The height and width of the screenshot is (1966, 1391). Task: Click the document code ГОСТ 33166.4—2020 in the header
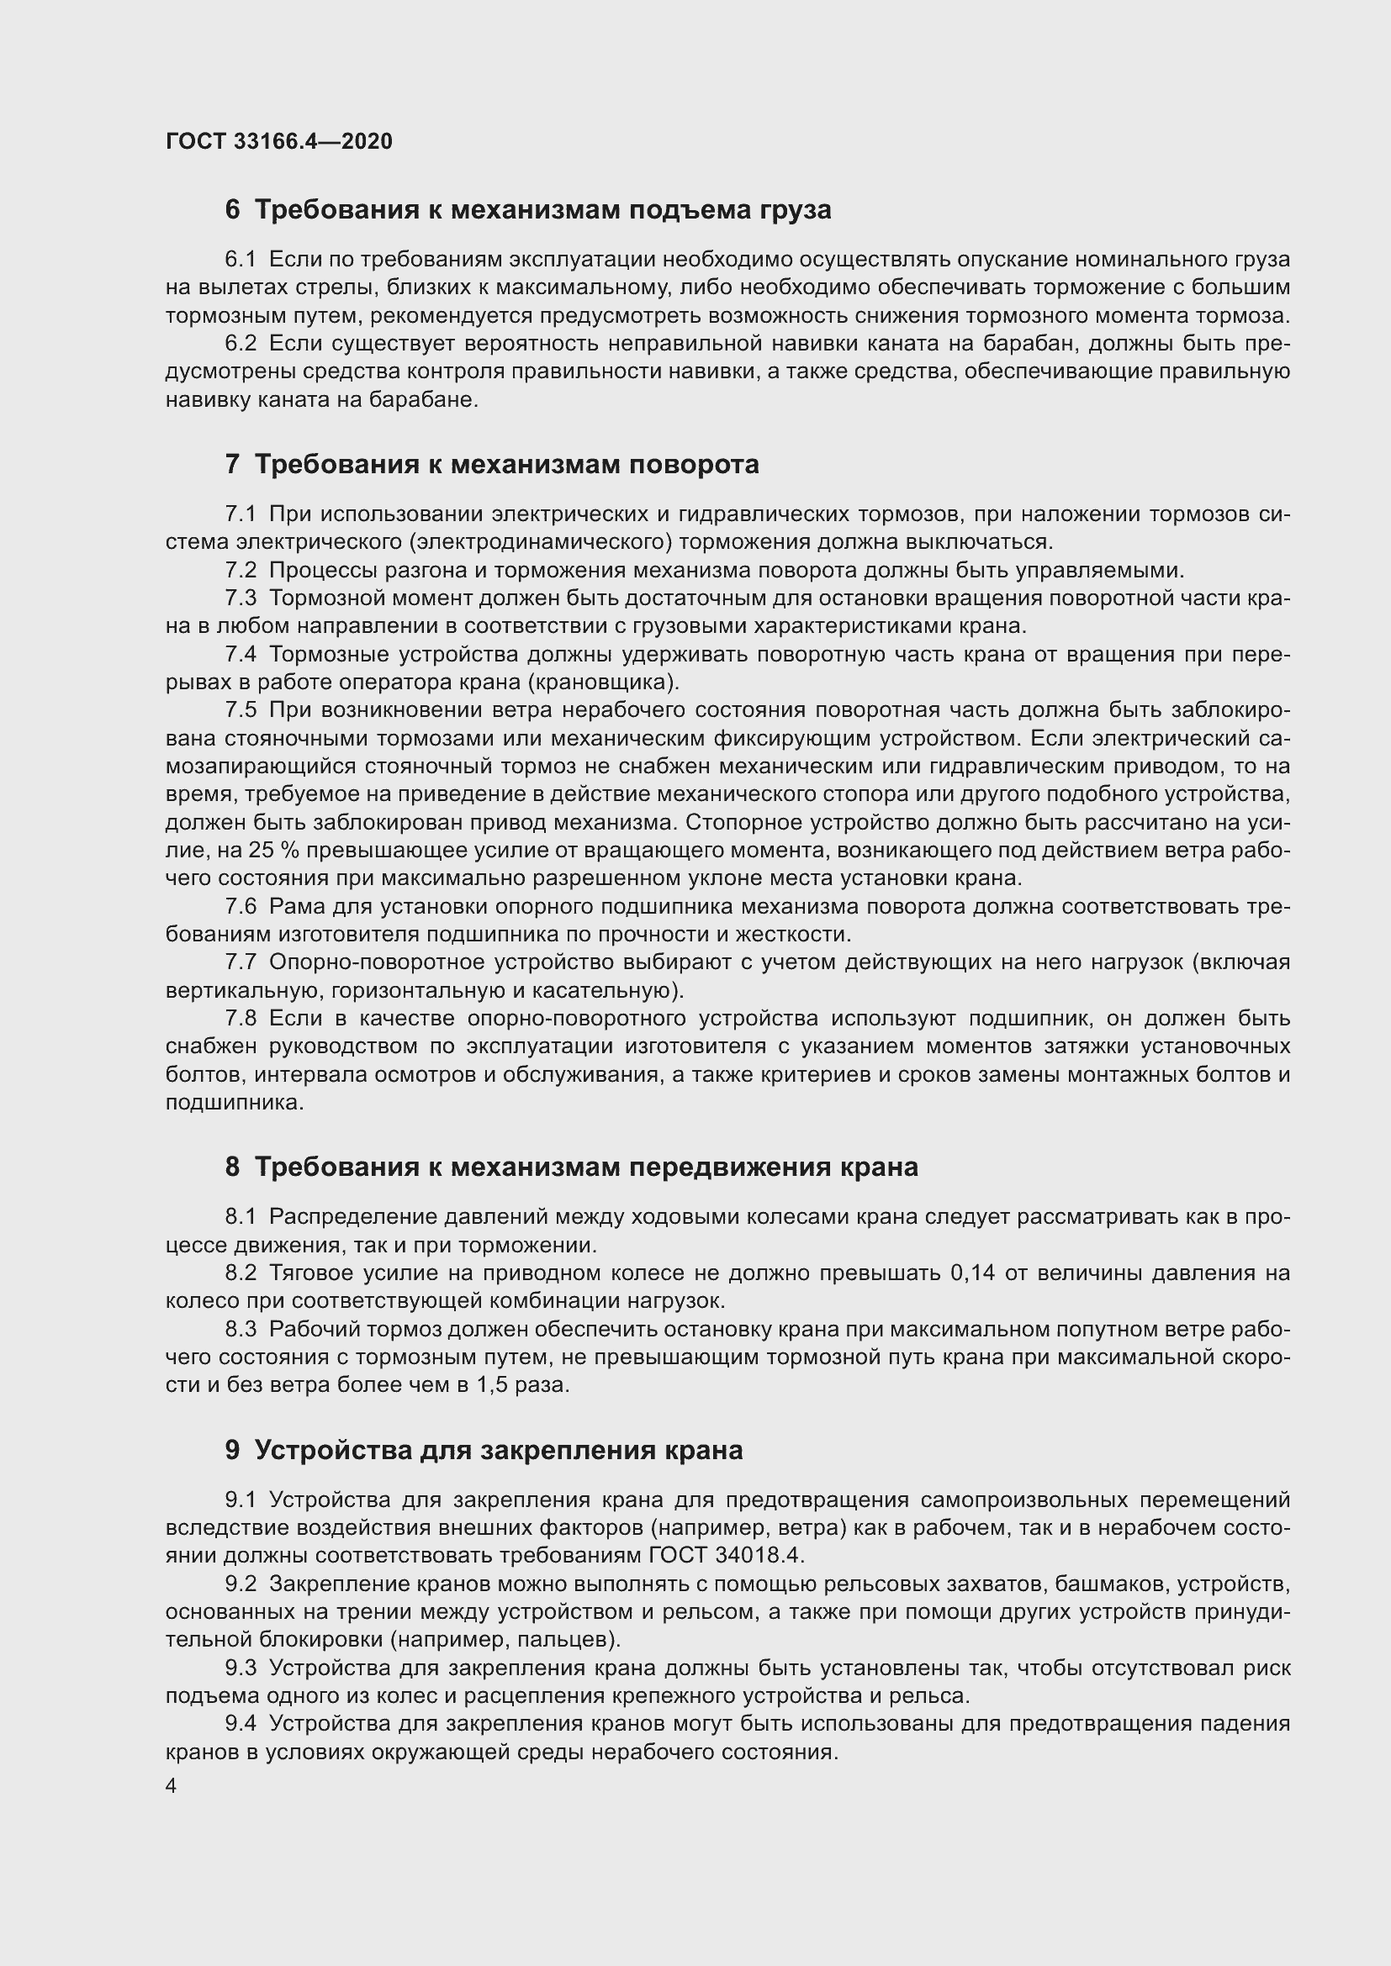click(x=278, y=141)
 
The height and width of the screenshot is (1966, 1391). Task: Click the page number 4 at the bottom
click(x=172, y=1787)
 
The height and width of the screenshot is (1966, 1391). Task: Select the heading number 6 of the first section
click(x=232, y=210)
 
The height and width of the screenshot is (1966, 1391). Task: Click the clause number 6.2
click(x=241, y=345)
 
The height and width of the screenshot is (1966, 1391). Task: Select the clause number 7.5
click(x=241, y=710)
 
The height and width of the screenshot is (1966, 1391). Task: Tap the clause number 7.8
click(x=241, y=1019)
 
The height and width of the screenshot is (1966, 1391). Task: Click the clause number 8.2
click(x=241, y=1273)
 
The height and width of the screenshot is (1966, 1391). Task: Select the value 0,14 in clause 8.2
click(x=972, y=1273)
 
